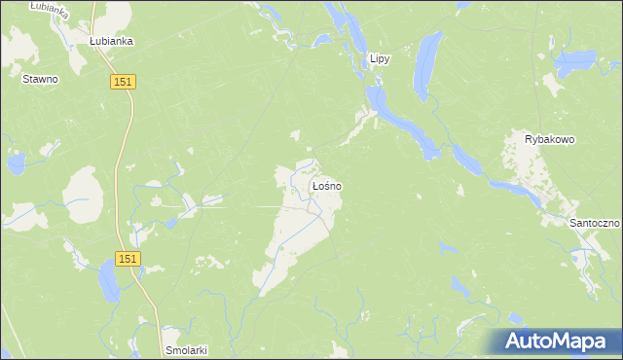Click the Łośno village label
point(325,185)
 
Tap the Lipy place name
point(379,59)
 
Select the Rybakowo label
point(550,139)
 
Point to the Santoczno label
point(595,223)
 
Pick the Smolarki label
point(187,349)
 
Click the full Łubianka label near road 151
point(111,42)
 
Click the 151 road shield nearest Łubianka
point(123,85)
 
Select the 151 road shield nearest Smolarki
point(128,259)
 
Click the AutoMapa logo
point(554,342)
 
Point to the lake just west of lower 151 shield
point(108,282)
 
